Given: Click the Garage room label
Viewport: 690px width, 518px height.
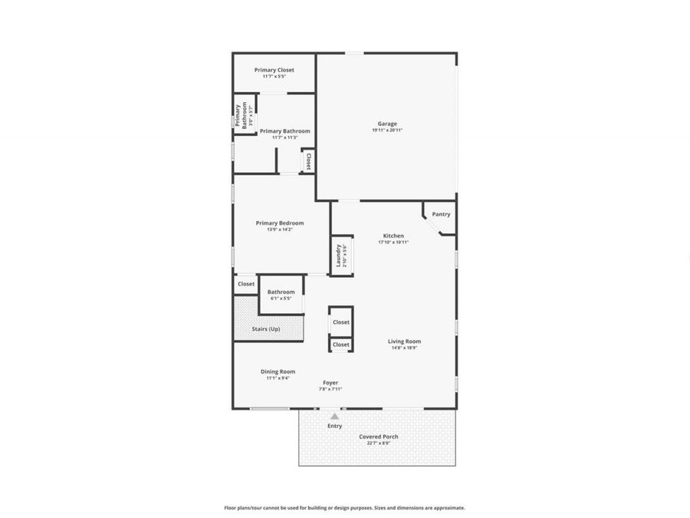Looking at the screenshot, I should click(x=387, y=124).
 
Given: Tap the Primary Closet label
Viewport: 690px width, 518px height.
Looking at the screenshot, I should click(x=274, y=70).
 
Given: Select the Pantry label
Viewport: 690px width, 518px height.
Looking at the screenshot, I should click(x=441, y=214).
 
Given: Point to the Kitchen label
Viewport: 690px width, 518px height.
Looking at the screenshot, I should click(x=393, y=236).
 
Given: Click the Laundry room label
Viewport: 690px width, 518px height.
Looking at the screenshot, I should click(x=338, y=255).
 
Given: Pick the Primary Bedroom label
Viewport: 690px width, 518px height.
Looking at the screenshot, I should click(x=280, y=223).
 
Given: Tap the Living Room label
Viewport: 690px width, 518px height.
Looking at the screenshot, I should click(x=404, y=341).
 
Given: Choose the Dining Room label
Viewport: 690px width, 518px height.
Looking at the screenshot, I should click(x=281, y=371).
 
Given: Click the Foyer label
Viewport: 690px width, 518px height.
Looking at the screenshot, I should click(x=330, y=382).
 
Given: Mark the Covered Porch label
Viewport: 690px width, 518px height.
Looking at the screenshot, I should click(x=379, y=437).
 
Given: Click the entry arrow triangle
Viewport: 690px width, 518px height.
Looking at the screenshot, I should click(x=334, y=416).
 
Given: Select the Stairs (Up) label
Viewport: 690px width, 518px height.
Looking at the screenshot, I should click(x=266, y=329).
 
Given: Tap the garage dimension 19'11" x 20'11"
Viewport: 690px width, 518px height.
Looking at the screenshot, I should click(x=387, y=130).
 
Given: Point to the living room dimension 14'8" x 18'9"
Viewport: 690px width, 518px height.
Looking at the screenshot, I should click(x=404, y=348).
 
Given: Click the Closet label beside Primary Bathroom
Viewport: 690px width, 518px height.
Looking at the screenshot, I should click(x=308, y=161).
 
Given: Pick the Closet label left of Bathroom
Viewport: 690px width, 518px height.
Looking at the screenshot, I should click(x=246, y=284).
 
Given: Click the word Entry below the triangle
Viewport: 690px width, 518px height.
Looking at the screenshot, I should click(x=335, y=426).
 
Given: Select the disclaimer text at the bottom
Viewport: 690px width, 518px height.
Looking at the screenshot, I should click(x=344, y=507).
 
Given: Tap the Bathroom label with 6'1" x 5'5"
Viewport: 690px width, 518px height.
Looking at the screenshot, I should click(x=281, y=292).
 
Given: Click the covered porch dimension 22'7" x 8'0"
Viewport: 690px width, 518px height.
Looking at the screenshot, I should click(x=379, y=444).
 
